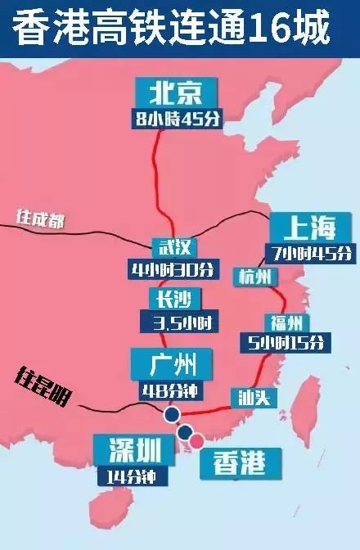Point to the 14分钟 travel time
click(126, 475)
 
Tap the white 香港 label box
click(239, 463)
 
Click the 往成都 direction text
click(39, 219)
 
